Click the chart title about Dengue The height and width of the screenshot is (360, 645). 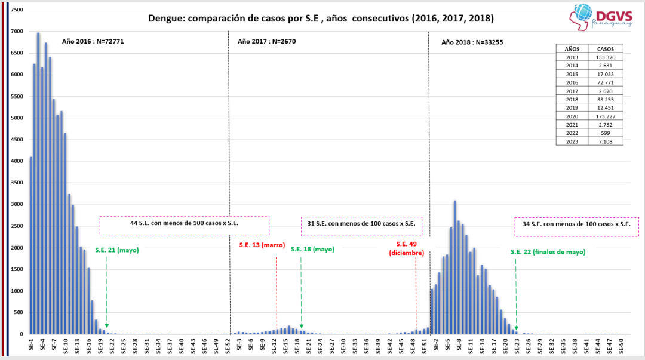point(321,19)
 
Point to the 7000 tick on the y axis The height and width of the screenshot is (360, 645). point(17,32)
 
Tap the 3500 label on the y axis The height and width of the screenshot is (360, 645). point(17,161)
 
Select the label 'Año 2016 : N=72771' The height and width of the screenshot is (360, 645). point(93,42)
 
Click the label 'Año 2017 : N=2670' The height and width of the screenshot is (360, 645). point(266,42)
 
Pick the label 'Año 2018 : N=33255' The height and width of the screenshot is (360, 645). point(472,42)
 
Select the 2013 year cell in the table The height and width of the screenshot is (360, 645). point(572,57)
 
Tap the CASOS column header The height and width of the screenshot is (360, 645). point(605,49)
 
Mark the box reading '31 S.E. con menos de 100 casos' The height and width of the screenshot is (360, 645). point(361,224)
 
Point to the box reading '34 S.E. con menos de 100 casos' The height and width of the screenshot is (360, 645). point(576,224)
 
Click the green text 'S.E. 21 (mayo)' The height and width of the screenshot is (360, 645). point(117,250)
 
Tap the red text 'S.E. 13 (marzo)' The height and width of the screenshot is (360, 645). point(262,245)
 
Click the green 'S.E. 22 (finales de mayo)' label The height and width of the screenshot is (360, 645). point(548,252)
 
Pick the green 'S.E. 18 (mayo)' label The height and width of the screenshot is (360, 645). point(312,249)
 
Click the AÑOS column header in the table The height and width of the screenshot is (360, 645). point(572,49)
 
